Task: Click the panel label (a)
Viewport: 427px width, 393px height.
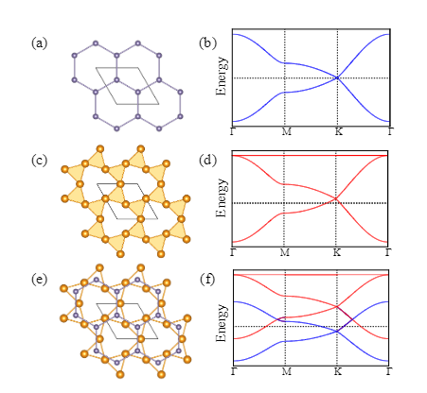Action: point(39,43)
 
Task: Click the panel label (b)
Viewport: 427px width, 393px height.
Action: point(207,43)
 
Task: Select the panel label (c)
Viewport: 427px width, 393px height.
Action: point(39,161)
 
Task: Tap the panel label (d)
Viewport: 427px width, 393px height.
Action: point(207,161)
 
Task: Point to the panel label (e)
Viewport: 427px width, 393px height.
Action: point(39,280)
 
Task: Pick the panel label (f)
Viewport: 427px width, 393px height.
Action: point(207,280)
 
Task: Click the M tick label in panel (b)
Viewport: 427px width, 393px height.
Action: point(286,131)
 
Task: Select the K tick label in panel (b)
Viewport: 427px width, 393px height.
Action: point(338,131)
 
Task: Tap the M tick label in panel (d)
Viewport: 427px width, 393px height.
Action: point(285,252)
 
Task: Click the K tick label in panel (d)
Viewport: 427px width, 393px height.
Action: point(337,252)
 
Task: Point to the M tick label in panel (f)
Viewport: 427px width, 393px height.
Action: point(286,371)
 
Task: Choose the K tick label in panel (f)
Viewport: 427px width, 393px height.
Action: point(338,371)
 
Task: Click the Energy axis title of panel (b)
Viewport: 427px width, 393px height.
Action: point(222,77)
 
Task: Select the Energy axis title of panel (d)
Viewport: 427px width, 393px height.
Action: point(222,197)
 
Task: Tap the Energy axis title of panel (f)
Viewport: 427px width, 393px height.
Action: point(222,322)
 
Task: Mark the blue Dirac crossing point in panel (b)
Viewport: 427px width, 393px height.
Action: point(337,77)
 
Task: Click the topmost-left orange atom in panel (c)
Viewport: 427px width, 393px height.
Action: point(100,149)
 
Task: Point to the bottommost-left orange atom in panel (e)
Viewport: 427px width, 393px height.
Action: point(120,374)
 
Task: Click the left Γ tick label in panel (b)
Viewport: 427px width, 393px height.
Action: point(233,131)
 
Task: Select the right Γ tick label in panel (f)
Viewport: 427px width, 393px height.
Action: point(388,371)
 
